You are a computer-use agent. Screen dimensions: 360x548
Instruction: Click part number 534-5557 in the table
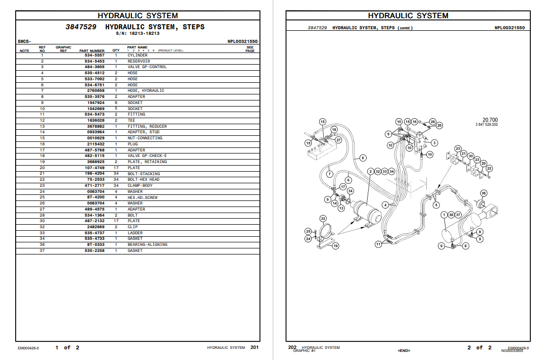94,55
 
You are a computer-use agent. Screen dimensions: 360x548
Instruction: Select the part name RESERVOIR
138,61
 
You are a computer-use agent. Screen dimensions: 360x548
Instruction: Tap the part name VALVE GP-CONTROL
146,67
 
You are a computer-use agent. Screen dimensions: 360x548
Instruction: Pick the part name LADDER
135,233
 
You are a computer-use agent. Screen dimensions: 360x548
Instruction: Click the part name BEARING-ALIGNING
147,244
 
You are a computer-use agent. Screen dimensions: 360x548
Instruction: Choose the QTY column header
116,50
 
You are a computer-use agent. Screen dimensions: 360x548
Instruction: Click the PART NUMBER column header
92,50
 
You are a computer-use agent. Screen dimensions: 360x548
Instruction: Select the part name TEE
131,120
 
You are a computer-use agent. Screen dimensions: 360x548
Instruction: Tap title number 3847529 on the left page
81,27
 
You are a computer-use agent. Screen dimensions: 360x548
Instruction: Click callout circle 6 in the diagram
362,158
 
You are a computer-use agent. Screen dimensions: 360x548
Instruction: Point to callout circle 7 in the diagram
329,174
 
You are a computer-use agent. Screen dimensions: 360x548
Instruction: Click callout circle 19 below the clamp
335,246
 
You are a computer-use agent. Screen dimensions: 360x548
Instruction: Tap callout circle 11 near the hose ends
378,244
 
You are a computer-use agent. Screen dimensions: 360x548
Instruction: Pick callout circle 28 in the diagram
432,122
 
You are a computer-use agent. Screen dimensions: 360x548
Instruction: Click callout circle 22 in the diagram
489,168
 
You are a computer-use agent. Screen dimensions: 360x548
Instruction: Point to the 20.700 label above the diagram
490,120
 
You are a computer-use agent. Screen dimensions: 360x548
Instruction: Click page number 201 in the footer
255,347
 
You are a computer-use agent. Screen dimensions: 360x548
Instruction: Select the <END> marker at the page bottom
404,350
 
